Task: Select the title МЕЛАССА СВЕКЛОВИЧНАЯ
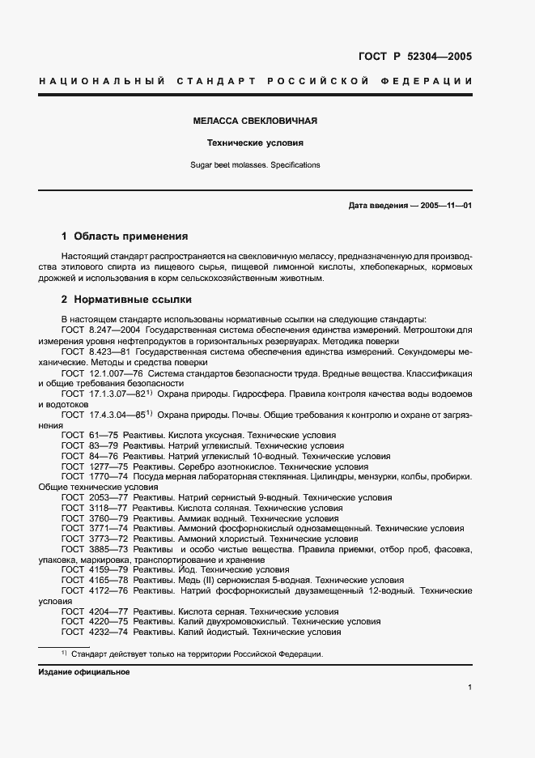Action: tap(254, 121)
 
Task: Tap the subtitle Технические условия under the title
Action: tap(254, 143)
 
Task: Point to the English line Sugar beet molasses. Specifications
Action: tap(254, 164)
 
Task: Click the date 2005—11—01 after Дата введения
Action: tap(443, 206)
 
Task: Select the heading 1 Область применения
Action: tap(125, 236)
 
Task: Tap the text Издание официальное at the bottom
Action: tap(83, 671)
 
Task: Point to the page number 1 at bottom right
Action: tap(469, 688)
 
